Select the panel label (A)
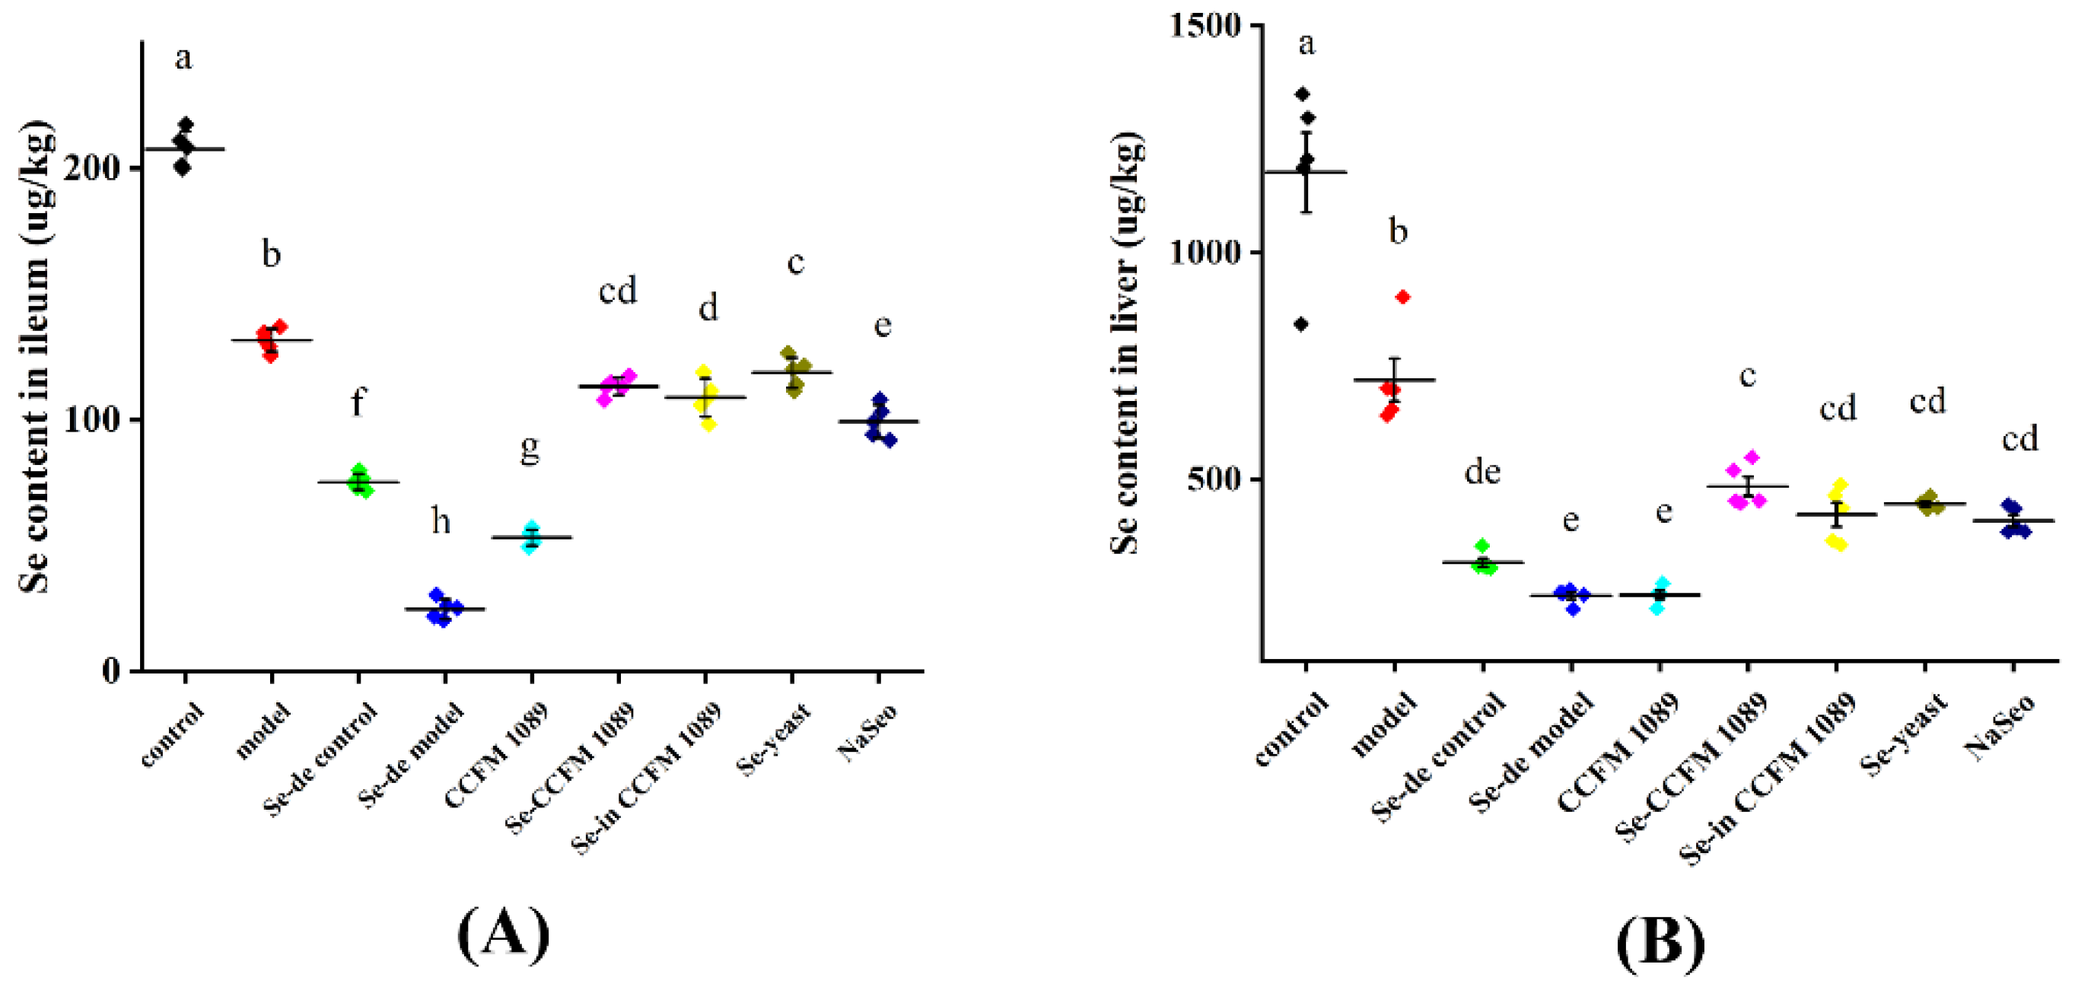504,934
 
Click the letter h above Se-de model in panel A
440,521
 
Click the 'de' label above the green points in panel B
1482,471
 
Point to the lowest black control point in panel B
1301,324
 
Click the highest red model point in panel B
1402,297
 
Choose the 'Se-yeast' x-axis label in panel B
1905,734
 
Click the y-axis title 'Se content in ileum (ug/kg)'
37,357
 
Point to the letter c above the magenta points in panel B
1747,376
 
